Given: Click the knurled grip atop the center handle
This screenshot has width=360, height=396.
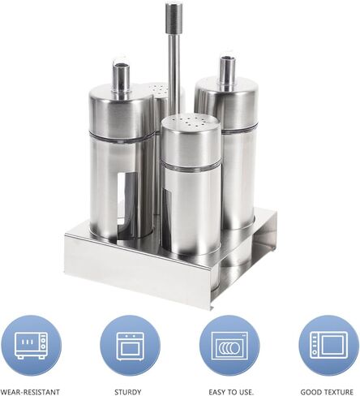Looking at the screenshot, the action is tap(174, 18).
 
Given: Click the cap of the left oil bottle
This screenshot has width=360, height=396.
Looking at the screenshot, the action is tap(122, 112).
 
